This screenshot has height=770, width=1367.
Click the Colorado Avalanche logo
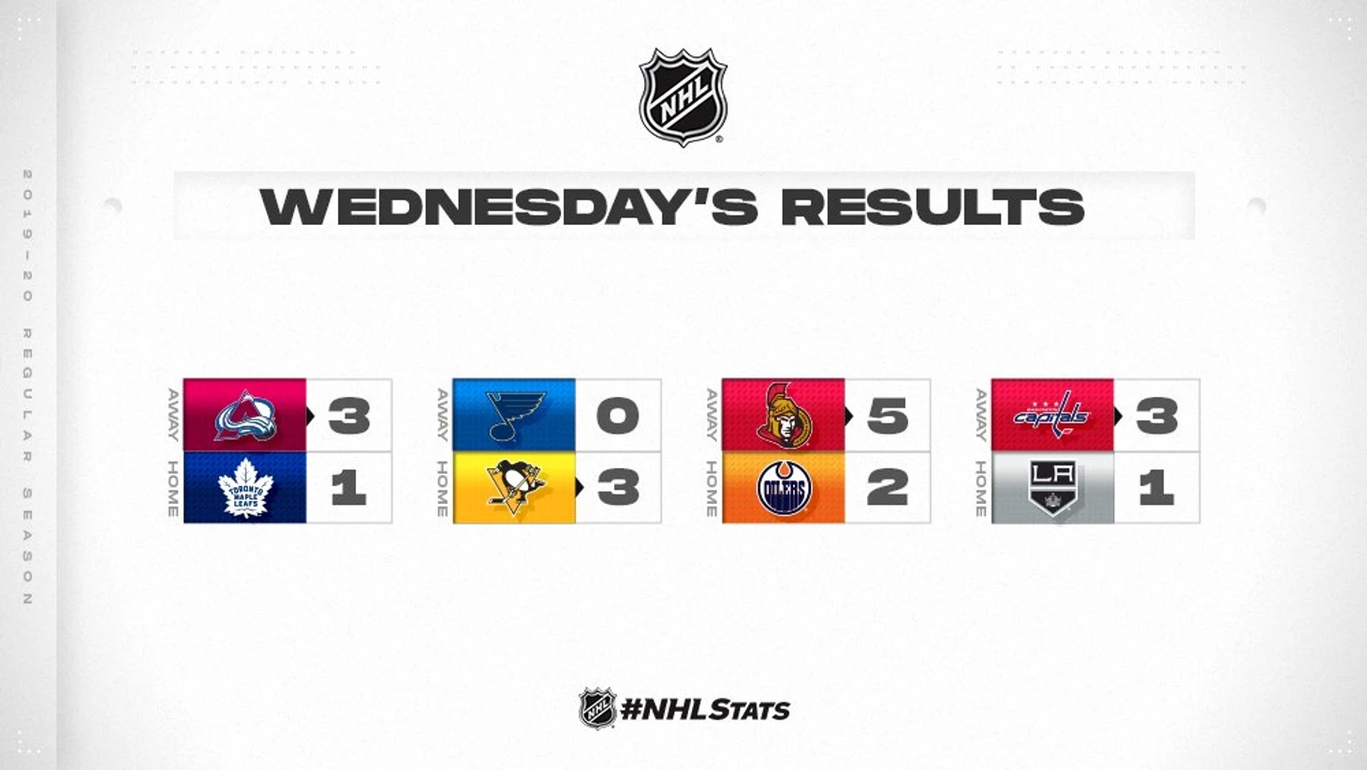point(245,416)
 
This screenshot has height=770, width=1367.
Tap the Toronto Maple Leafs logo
point(245,488)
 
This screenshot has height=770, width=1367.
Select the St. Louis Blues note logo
point(514,416)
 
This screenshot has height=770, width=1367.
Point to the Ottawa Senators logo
point(785,415)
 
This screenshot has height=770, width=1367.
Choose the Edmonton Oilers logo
point(785,488)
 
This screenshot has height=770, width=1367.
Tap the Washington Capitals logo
point(1051,415)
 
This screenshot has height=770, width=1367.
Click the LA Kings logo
point(1052,488)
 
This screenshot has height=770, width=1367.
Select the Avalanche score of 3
point(349,417)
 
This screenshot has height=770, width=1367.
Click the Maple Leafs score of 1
point(349,488)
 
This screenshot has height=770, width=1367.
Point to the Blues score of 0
point(618,417)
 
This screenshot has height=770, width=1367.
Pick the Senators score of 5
point(888,417)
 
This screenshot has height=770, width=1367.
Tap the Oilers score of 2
point(888,488)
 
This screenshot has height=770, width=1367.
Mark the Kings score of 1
point(1156,488)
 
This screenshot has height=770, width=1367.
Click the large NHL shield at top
point(683,97)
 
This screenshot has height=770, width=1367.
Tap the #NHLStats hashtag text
point(705,710)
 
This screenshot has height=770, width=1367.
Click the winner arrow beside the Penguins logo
point(580,487)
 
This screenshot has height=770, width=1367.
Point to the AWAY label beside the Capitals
point(980,415)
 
